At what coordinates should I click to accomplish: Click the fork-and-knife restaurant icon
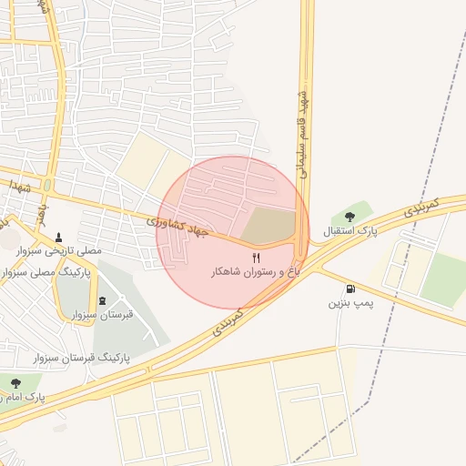tap(256, 258)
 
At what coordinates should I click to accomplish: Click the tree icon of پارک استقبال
tap(350, 216)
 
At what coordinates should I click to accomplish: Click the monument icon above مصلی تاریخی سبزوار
tap(60, 237)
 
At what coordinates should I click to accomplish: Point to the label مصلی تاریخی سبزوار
tap(60, 250)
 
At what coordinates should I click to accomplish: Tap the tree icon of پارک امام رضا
tap(14, 382)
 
